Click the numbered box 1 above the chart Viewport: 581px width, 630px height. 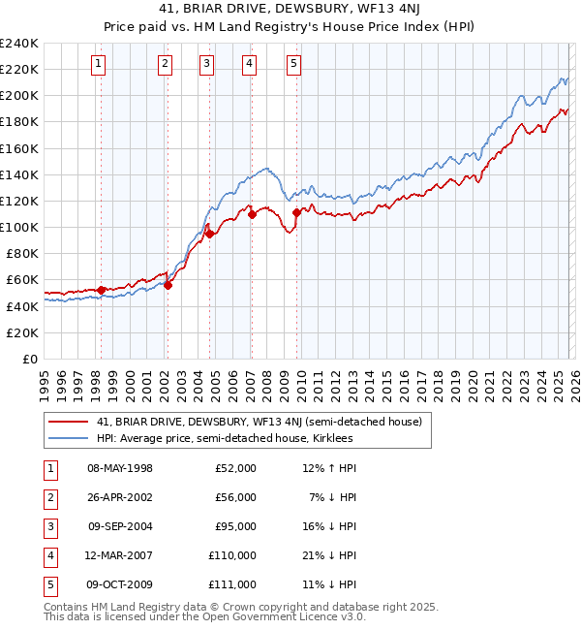coord(100,64)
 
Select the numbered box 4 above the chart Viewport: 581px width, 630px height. coord(250,64)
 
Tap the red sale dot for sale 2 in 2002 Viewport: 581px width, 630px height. coord(168,285)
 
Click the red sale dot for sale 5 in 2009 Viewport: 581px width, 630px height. coord(296,212)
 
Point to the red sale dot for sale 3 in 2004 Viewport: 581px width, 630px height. coord(209,234)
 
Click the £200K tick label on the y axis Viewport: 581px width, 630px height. coord(19,96)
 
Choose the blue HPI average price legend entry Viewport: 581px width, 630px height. coord(225,439)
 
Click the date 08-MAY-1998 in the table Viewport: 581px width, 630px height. coord(120,468)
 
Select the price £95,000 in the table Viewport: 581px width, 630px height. coord(235,526)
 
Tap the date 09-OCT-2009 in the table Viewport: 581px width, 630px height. coord(120,584)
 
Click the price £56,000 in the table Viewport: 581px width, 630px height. coord(235,497)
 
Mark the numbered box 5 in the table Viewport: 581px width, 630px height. coord(47,584)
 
